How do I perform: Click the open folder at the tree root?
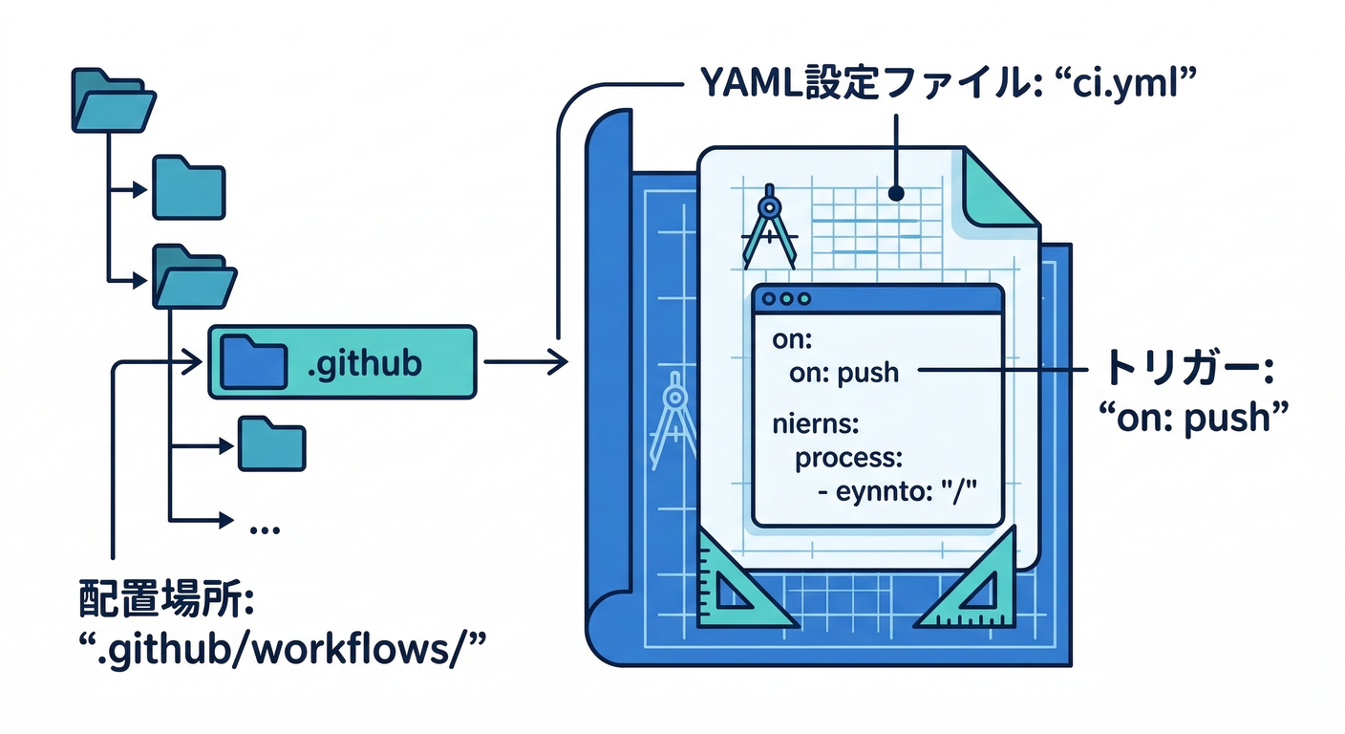[113, 99]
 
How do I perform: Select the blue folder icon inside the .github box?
[252, 362]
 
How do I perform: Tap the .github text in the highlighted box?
[364, 363]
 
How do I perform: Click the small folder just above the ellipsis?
[271, 444]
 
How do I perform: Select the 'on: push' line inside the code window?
[843, 372]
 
